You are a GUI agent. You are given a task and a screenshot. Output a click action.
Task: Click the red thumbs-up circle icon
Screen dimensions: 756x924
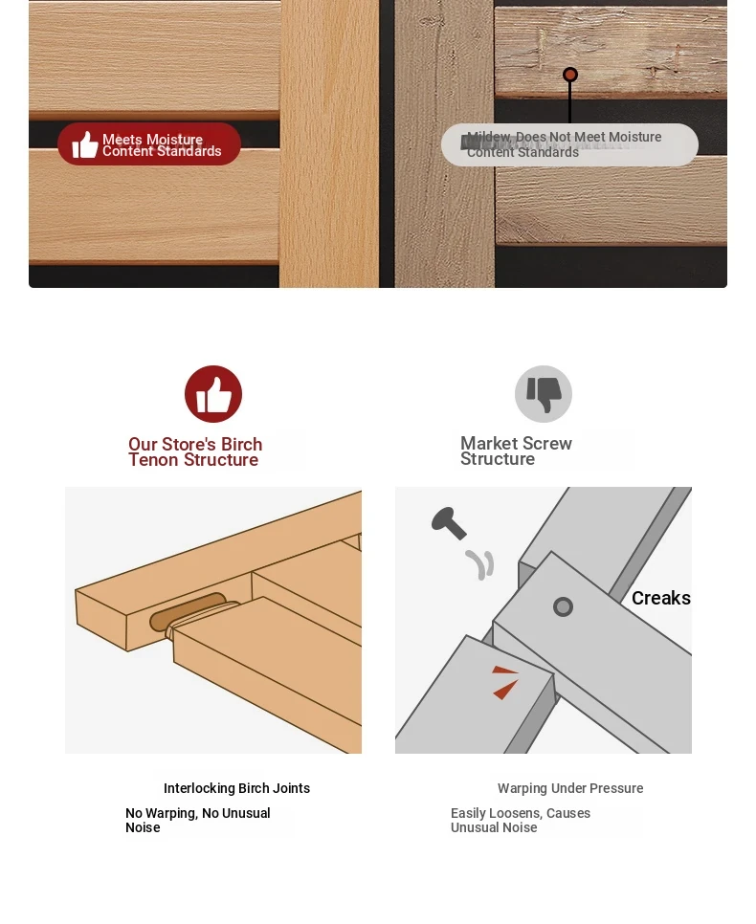point(212,394)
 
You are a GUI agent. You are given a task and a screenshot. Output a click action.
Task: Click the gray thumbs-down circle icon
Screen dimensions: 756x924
point(544,394)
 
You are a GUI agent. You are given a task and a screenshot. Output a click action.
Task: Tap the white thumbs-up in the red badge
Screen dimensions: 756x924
point(85,144)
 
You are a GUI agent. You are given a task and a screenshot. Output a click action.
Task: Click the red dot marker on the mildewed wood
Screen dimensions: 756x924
point(569,75)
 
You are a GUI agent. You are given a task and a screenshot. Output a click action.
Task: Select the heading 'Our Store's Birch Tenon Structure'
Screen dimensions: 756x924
point(195,452)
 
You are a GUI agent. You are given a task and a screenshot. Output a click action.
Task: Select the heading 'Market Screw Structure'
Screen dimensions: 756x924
point(516,451)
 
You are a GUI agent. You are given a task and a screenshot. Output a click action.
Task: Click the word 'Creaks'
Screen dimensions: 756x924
point(660,598)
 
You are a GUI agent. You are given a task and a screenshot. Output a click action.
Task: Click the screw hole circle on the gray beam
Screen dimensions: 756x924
point(563,607)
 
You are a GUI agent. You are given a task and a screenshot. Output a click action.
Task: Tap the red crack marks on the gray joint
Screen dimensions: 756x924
point(505,681)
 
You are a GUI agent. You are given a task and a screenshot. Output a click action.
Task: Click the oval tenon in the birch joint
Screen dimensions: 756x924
point(188,611)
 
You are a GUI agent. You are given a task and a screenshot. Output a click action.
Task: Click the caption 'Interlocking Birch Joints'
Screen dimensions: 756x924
point(236,788)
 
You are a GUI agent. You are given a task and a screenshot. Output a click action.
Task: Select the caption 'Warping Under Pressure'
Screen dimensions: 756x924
point(570,788)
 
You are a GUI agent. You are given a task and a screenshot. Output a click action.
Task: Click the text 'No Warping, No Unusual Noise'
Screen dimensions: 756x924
point(197,821)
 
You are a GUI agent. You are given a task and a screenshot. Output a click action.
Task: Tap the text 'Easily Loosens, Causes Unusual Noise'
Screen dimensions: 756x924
point(521,821)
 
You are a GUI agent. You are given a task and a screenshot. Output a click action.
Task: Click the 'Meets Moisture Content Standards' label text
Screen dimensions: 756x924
point(162,145)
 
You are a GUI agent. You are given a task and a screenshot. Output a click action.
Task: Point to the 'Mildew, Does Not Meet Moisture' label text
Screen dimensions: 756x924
point(565,137)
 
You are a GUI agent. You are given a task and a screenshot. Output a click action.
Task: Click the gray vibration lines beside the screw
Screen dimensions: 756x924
point(480,564)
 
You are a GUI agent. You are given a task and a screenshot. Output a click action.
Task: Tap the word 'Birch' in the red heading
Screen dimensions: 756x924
point(241,445)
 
